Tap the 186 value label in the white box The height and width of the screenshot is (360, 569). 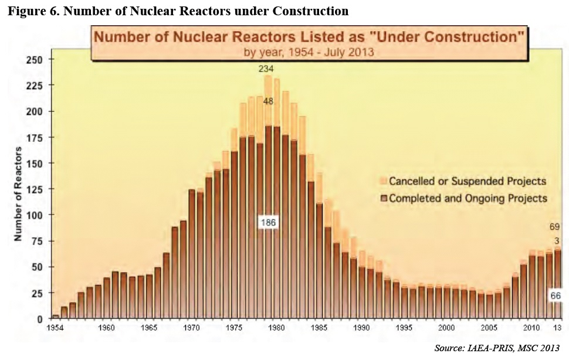click(x=267, y=223)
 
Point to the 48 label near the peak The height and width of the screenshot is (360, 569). click(x=267, y=101)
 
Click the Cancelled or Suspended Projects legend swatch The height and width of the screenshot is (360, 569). click(x=384, y=181)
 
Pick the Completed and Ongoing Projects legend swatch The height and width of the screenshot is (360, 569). click(x=384, y=198)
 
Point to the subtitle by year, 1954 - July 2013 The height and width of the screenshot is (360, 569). click(x=309, y=52)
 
